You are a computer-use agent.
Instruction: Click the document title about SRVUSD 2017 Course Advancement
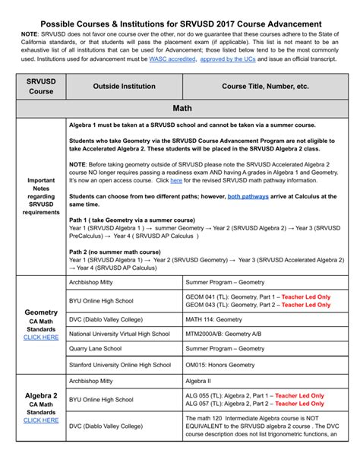179,24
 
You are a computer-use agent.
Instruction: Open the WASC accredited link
171,58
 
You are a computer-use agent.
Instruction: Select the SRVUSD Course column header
41,86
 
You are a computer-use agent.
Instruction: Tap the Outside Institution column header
124,87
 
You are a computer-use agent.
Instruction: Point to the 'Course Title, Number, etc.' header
265,87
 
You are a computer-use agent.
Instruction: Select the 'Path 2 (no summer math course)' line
118,250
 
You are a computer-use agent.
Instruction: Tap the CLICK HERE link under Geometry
41,337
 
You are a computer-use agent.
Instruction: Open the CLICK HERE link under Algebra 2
41,420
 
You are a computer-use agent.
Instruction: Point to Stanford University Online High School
120,364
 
